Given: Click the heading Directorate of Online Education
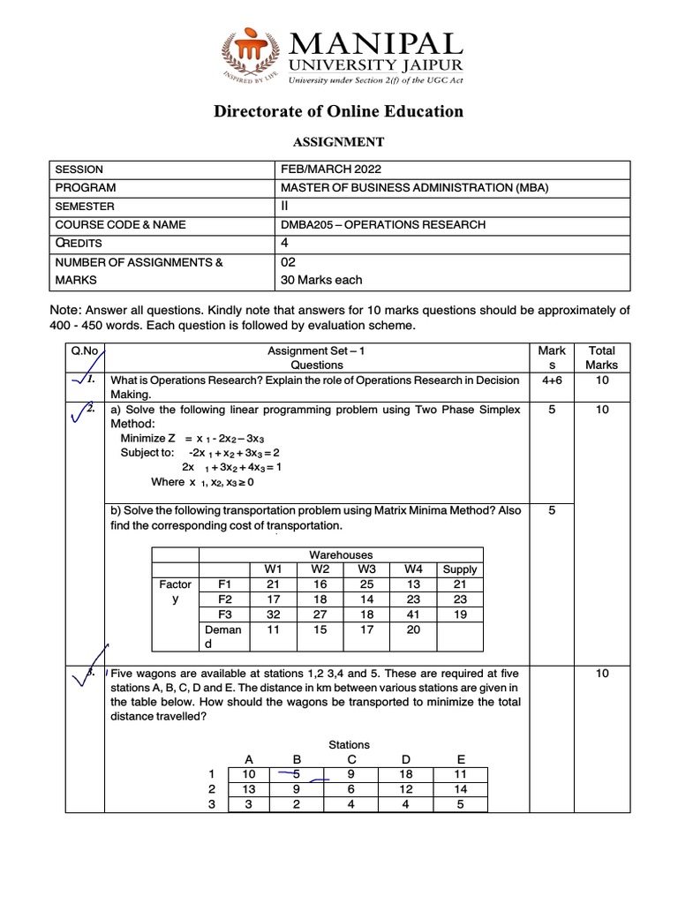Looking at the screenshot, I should (x=339, y=111).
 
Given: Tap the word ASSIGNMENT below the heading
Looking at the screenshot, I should (x=339, y=141).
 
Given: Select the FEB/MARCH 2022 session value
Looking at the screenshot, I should (x=331, y=169).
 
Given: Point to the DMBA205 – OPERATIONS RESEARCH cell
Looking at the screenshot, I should (x=382, y=224).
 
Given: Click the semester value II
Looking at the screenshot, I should (x=284, y=207).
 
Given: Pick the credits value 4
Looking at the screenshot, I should (x=283, y=243).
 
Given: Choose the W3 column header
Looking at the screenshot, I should (x=366, y=569).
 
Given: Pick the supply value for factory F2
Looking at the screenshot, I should (x=460, y=599).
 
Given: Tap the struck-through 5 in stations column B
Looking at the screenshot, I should (x=297, y=773).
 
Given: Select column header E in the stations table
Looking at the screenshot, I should (x=459, y=758).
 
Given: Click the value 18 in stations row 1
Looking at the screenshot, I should (x=405, y=773).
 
